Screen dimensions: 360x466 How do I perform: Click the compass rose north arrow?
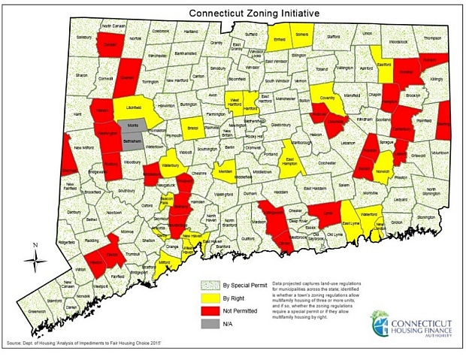(35, 259)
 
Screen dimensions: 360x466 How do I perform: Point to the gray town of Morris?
(132, 125)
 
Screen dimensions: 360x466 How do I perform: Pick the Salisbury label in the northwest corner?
(83, 37)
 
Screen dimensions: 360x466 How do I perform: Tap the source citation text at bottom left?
(95, 343)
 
